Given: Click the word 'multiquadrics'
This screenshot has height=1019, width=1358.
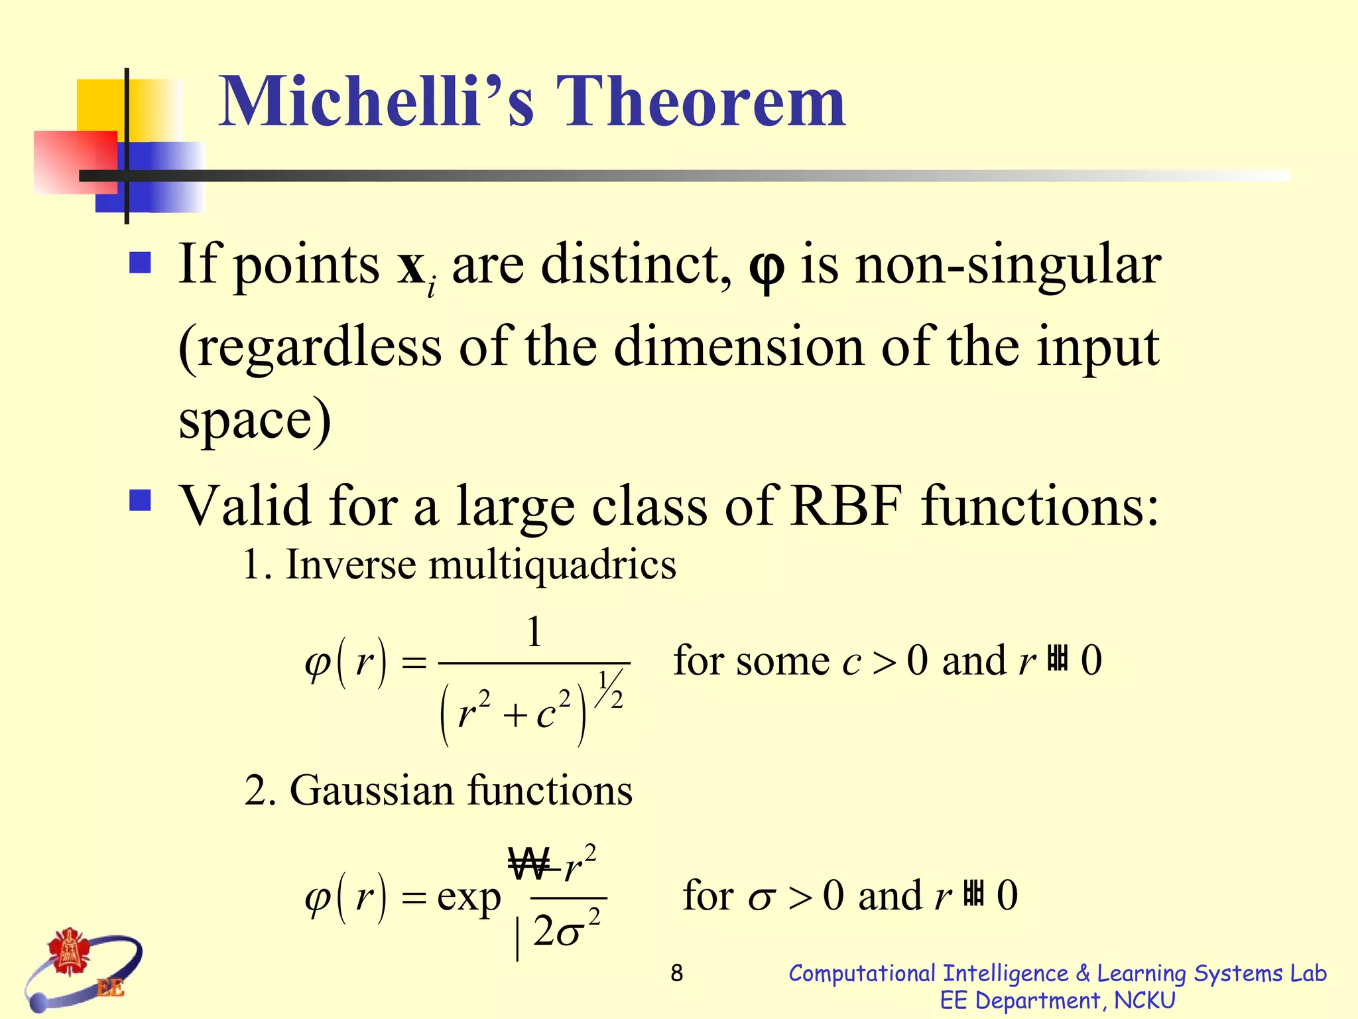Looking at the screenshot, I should tap(552, 566).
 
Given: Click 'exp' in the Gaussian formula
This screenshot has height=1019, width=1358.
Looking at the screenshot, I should tap(469, 897).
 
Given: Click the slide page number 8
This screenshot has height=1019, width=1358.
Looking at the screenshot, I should tap(676, 973).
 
